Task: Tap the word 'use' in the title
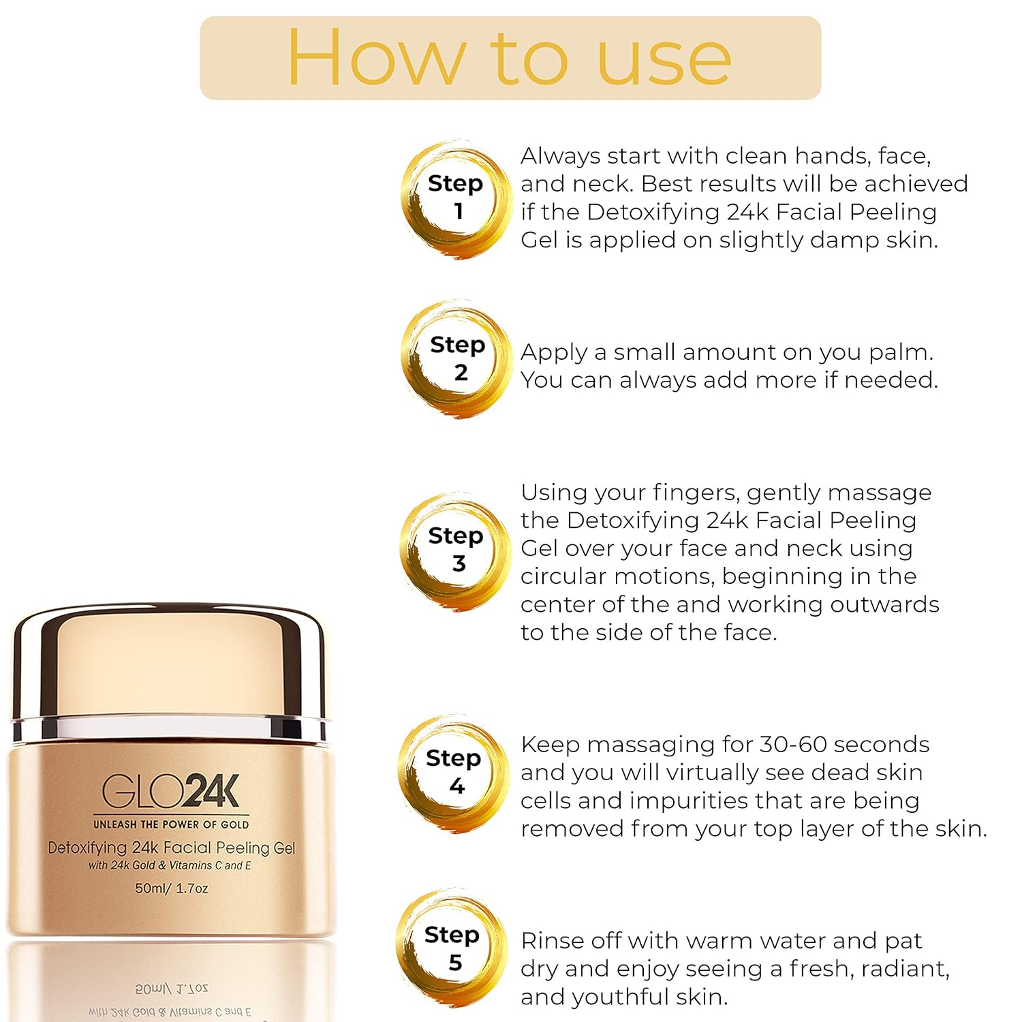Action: coord(664,65)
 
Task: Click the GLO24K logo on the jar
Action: coord(171,791)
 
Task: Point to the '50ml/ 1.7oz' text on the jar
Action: coord(172,888)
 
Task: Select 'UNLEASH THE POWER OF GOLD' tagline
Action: coord(171,824)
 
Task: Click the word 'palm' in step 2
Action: coord(899,353)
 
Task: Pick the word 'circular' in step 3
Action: coord(564,576)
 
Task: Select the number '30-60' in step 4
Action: coord(792,744)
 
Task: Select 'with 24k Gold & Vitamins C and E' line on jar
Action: coord(170,865)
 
